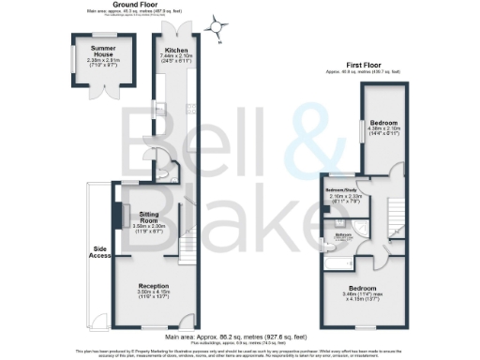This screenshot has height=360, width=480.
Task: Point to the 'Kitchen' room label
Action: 177,51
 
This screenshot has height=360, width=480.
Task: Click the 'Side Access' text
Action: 98,253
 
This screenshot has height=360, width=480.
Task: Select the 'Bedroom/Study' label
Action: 338,189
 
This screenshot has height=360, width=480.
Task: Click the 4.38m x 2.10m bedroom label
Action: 382,124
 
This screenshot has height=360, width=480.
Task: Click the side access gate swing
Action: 97,321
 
